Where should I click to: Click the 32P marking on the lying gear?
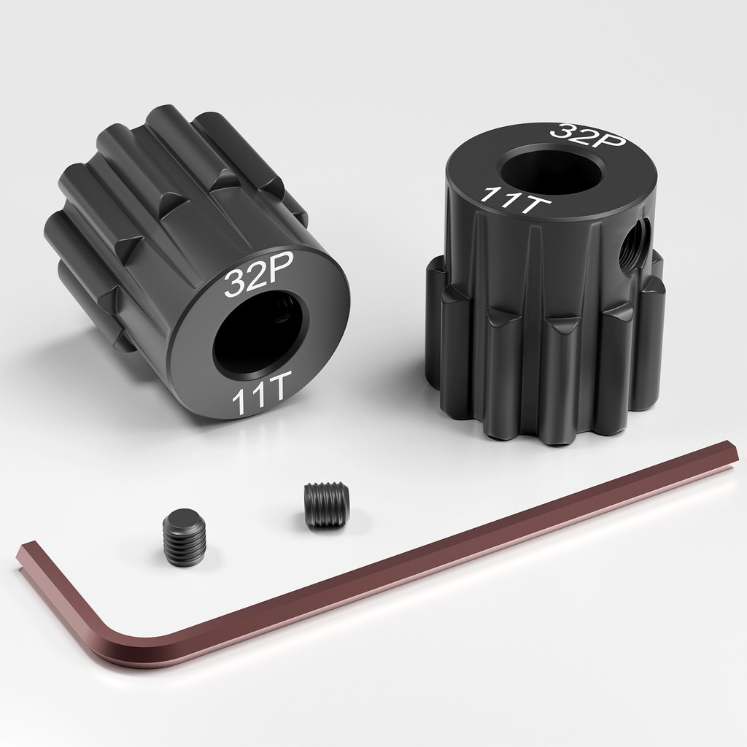point(247,279)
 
